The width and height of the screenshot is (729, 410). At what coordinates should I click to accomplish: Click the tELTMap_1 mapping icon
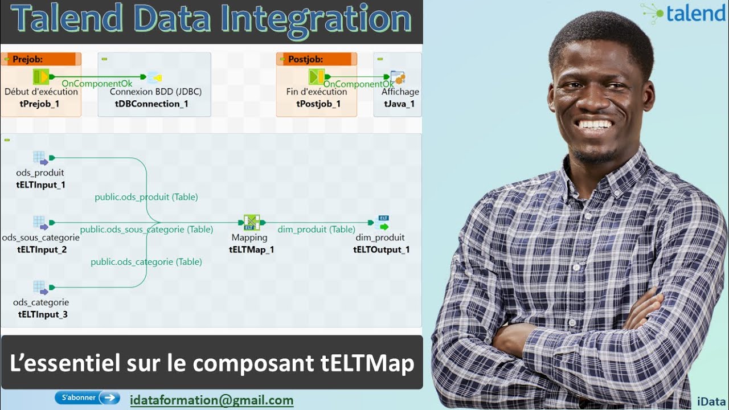point(252,223)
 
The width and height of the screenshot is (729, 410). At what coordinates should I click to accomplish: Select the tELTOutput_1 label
point(382,249)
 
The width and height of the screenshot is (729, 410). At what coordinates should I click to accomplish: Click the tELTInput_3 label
point(43,314)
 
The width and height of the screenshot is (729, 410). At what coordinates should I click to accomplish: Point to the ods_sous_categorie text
point(40,237)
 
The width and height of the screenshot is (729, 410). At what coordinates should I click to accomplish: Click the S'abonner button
point(87,397)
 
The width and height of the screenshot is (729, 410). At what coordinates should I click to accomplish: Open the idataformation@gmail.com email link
point(211,400)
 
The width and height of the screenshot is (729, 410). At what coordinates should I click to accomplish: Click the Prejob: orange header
point(41,59)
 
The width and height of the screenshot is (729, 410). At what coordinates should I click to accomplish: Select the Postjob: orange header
point(316,59)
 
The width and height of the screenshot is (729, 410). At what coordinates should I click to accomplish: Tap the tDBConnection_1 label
point(151,104)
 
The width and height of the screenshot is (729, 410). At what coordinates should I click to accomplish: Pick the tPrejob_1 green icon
point(41,77)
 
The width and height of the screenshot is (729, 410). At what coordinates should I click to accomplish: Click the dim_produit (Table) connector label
point(316,229)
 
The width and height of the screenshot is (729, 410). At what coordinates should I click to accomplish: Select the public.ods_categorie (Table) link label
point(146,262)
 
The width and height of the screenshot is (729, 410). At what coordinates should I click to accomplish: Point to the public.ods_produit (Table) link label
point(146,197)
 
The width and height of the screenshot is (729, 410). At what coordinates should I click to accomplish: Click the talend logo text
point(696,14)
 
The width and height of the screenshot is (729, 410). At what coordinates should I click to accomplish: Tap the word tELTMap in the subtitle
point(367,363)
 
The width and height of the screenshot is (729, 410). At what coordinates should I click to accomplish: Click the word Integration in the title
point(316,20)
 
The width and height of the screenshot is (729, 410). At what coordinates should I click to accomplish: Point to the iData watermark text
point(711,401)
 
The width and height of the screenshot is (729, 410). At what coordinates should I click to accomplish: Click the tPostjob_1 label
point(318,104)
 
